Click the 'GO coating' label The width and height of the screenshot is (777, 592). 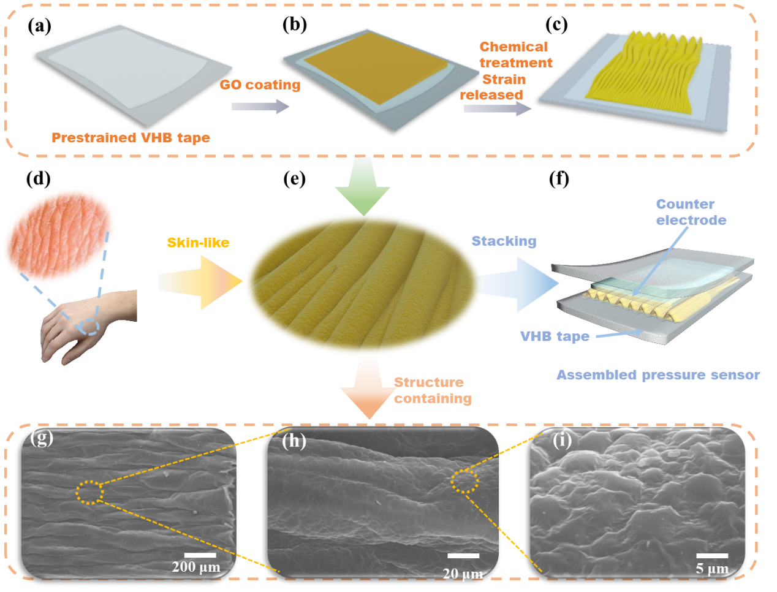pos(260,85)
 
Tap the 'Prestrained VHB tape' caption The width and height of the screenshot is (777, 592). pos(131,138)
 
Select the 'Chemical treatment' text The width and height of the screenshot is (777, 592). pos(516,55)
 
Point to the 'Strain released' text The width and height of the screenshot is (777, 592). pos(493,87)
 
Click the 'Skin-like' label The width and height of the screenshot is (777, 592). pos(198,243)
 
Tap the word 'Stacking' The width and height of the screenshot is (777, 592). pos(504,241)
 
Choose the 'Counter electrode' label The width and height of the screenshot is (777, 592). pos(691,212)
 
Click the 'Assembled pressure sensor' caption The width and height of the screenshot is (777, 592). pos(658,375)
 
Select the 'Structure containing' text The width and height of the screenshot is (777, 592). pos(433,390)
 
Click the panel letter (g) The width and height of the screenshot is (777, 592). pos(42,438)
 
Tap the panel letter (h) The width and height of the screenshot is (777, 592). pos(294,441)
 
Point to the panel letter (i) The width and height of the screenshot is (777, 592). pos(561,440)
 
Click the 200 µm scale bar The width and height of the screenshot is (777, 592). pos(200,555)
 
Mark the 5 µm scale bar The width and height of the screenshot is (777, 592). pos(712,556)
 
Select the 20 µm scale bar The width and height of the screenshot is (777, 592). pos(463,556)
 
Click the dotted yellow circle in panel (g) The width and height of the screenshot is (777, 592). pos(90,492)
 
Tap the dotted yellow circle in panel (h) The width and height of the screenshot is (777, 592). pos(464,482)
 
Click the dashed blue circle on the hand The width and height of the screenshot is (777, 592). pos(91,327)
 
